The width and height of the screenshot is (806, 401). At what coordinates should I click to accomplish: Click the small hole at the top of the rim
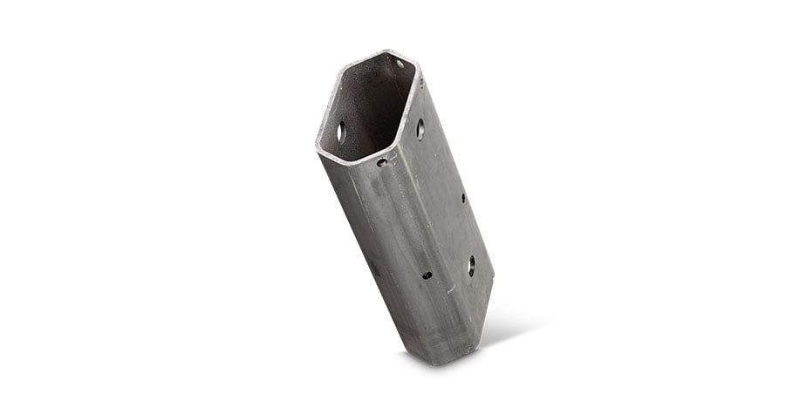400,64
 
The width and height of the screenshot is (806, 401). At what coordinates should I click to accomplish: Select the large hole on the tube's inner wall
341,133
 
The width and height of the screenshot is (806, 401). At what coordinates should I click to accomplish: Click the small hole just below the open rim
381,162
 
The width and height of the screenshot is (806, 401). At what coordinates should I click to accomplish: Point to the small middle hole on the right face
462,199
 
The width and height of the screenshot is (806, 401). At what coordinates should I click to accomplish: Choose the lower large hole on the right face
471,265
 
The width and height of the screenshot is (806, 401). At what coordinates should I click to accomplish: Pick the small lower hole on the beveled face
427,275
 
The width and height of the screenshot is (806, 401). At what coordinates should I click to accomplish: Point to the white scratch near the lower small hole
449,288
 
